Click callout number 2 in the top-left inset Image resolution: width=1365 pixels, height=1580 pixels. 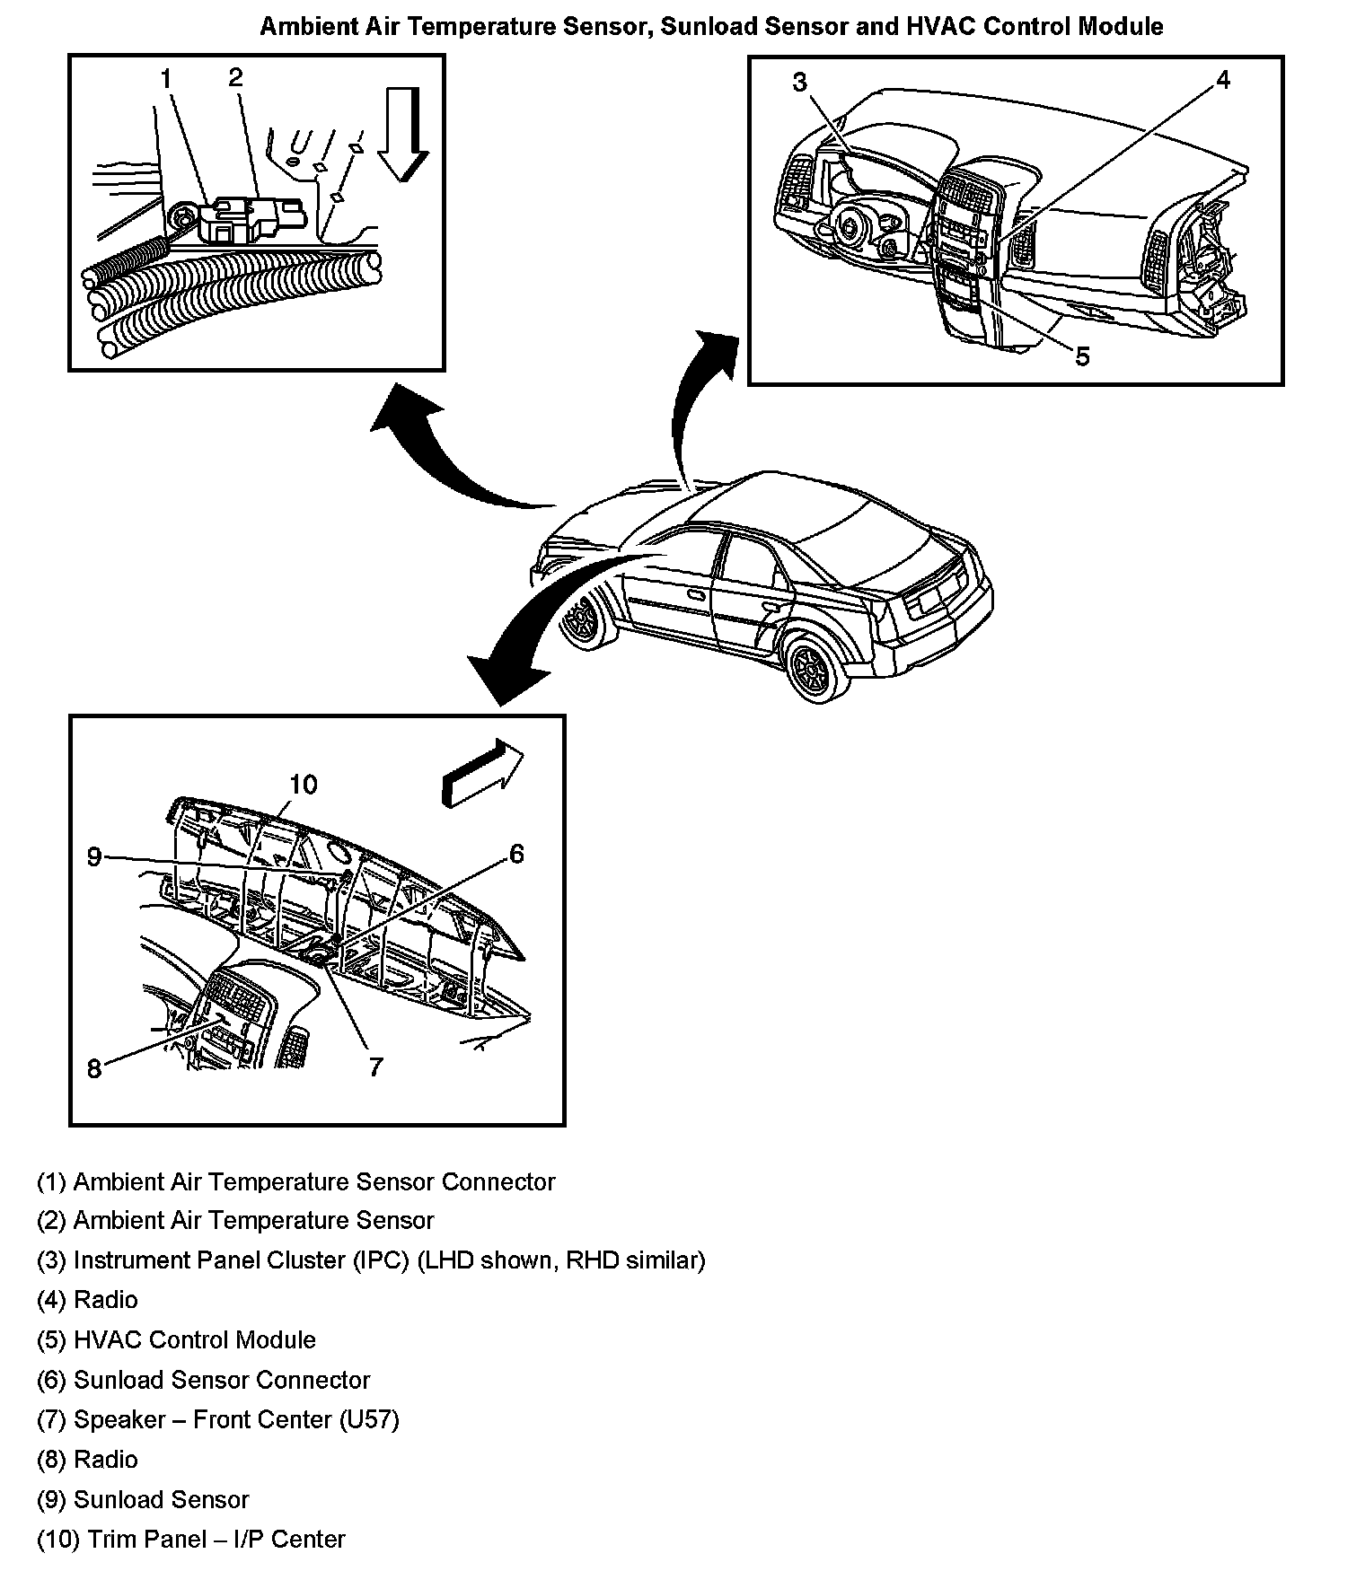coord(235,78)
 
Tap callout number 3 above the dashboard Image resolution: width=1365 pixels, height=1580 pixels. coord(799,83)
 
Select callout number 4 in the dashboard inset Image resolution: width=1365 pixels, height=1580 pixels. coord(1222,80)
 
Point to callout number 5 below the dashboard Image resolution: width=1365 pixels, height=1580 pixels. coord(1082,356)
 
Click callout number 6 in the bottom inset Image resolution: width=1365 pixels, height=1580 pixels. coord(516,854)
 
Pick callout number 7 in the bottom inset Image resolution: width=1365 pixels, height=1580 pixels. coord(375,1066)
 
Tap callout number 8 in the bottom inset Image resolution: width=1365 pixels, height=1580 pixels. coord(94,1068)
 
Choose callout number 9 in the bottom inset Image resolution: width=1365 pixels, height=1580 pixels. coord(94,856)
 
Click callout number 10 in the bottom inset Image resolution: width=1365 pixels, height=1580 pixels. coord(303,785)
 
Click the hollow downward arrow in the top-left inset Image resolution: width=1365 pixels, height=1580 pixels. coord(401,134)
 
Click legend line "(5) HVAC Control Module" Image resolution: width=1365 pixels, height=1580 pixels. coord(176,1340)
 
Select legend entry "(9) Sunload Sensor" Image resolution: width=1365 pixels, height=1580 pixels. coord(143,1499)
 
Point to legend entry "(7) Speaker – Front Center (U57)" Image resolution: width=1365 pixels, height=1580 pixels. coord(217,1419)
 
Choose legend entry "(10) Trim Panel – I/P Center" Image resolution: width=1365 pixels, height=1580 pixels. coord(190,1539)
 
